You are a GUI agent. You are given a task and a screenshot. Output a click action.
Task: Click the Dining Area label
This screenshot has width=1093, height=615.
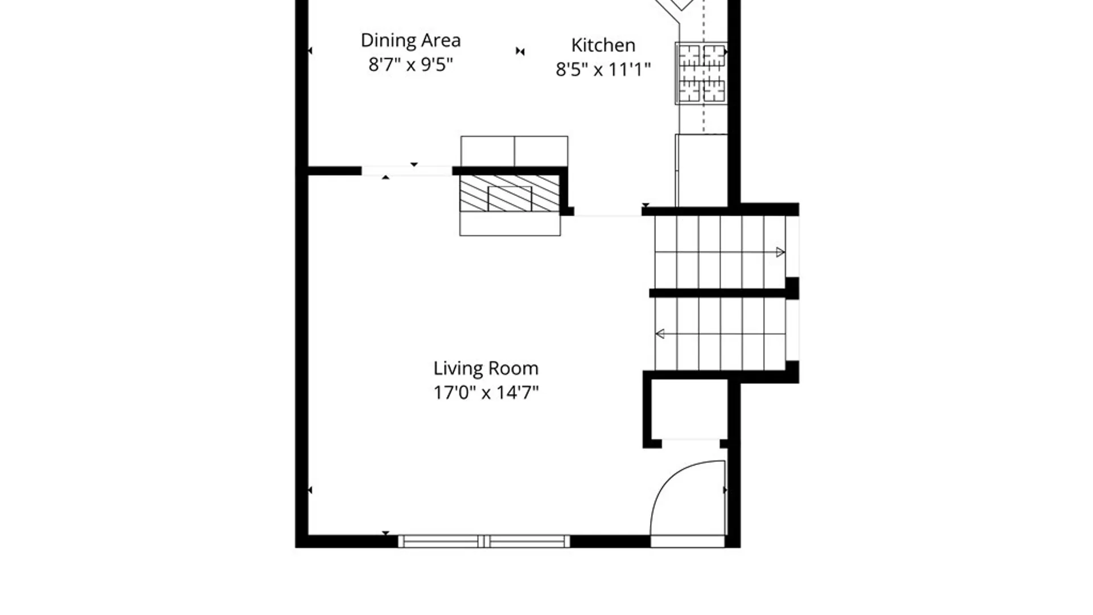click(x=410, y=40)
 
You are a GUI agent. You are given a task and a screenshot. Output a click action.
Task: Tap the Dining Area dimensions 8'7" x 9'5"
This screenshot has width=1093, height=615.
click(x=410, y=64)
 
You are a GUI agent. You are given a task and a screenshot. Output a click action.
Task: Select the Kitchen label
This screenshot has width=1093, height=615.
click(x=603, y=45)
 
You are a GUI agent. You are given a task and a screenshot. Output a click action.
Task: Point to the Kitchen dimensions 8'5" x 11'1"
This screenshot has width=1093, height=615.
click(x=603, y=69)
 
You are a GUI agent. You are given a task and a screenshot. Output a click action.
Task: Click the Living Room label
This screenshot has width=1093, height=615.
click(x=486, y=368)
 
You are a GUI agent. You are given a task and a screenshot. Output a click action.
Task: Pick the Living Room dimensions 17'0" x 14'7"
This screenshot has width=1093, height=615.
click(x=486, y=392)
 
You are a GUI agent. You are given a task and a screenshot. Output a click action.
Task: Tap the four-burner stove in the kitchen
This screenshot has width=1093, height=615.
click(x=701, y=73)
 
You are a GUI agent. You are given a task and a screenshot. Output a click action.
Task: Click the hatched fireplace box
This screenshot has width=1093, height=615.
click(x=510, y=194)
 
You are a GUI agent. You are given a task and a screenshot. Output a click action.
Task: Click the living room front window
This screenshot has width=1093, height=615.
click(x=484, y=541)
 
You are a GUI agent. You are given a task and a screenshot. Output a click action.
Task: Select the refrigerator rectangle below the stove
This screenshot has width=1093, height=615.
click(x=701, y=170)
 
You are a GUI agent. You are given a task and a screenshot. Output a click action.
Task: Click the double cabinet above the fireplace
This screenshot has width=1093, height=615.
click(x=514, y=151)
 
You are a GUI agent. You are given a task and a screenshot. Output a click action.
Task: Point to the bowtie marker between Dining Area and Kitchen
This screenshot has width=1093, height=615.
click(x=520, y=51)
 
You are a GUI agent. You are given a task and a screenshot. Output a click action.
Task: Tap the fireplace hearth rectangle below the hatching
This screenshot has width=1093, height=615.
click(x=510, y=224)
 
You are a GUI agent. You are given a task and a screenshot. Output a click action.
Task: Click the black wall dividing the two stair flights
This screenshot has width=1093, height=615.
click(x=724, y=293)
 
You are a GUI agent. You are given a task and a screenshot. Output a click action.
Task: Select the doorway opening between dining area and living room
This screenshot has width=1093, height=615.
click(x=406, y=171)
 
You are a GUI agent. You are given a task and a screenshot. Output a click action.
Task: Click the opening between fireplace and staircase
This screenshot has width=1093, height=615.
click(x=607, y=212)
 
